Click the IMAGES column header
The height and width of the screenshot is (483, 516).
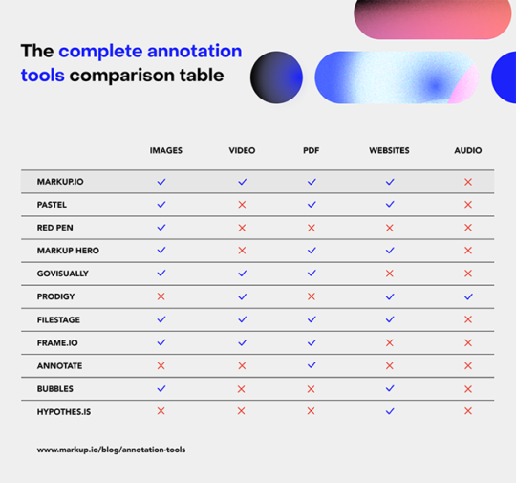pyautogui.click(x=165, y=151)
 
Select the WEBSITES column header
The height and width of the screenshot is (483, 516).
pyautogui.click(x=389, y=151)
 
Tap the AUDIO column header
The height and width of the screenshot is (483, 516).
pyautogui.click(x=468, y=151)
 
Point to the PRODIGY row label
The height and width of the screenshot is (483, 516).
pyautogui.click(x=55, y=296)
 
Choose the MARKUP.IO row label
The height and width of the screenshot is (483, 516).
pyautogui.click(x=60, y=182)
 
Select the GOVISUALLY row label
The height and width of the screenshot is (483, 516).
pyautogui.click(x=62, y=274)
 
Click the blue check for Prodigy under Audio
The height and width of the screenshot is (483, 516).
pyautogui.click(x=468, y=296)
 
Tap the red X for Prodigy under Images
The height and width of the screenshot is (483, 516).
pyautogui.click(x=161, y=296)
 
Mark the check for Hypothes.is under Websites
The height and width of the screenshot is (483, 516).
pyautogui.click(x=390, y=411)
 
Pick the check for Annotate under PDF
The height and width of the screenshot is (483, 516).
pyautogui.click(x=311, y=365)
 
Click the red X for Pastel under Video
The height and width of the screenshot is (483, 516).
pyautogui.click(x=242, y=205)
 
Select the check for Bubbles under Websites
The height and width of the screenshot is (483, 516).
pyautogui.click(x=390, y=388)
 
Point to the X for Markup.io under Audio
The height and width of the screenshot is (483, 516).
pyautogui.click(x=468, y=182)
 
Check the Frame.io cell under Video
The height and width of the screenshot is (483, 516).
pyautogui.click(x=242, y=342)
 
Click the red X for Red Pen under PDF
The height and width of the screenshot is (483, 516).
pyautogui.click(x=311, y=228)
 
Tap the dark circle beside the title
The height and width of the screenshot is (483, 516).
pyautogui.click(x=276, y=77)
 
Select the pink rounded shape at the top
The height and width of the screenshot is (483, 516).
pyautogui.click(x=432, y=18)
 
